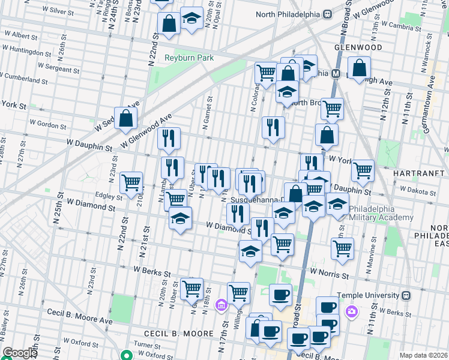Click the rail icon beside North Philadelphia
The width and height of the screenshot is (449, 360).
pos(328,14)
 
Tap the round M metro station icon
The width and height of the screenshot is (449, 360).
pos(336,74)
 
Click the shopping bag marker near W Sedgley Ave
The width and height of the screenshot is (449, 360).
pos(127,119)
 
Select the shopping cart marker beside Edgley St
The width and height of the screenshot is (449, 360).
pos(131,182)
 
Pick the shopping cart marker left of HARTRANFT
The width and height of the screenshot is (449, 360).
pos(363,170)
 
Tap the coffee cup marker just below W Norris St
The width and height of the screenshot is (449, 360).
pos(280,295)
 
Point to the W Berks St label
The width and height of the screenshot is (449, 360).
pos(140,271)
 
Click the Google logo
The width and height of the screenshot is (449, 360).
pos(20,353)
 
